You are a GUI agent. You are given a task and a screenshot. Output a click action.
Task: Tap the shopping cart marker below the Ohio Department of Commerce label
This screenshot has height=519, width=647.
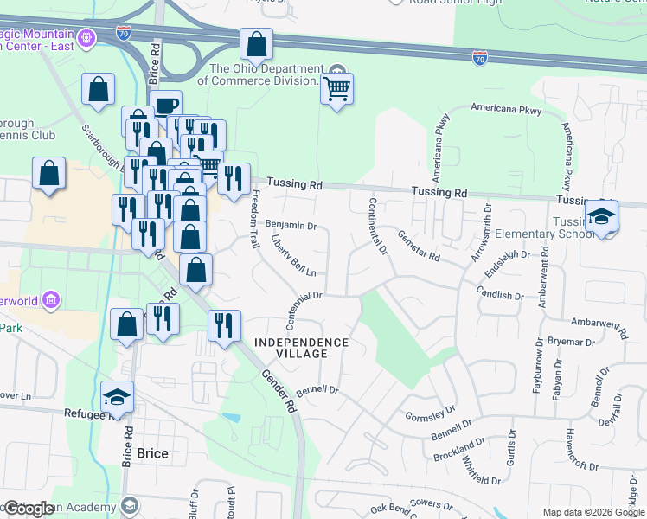[336, 88]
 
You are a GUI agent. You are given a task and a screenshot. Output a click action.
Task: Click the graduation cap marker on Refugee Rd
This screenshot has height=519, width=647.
[117, 397]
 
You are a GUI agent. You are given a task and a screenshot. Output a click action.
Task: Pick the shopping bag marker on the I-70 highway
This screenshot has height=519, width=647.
[256, 44]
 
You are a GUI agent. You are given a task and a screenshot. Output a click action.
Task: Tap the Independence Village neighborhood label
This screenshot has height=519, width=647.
[302, 348]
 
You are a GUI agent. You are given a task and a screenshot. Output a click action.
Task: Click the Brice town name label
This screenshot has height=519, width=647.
[152, 453]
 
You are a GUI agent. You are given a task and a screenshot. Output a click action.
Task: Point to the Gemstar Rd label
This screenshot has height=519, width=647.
[419, 246]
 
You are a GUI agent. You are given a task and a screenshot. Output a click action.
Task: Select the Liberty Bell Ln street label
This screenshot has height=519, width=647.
[294, 255]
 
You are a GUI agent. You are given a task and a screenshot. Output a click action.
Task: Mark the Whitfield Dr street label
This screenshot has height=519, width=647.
[482, 466]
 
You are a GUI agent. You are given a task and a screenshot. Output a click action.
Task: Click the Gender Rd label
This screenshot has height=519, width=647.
[280, 390]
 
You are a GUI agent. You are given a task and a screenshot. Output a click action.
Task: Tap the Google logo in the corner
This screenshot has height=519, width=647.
[28, 509]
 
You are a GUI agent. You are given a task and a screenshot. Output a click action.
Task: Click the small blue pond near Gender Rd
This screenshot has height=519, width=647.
[232, 418]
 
